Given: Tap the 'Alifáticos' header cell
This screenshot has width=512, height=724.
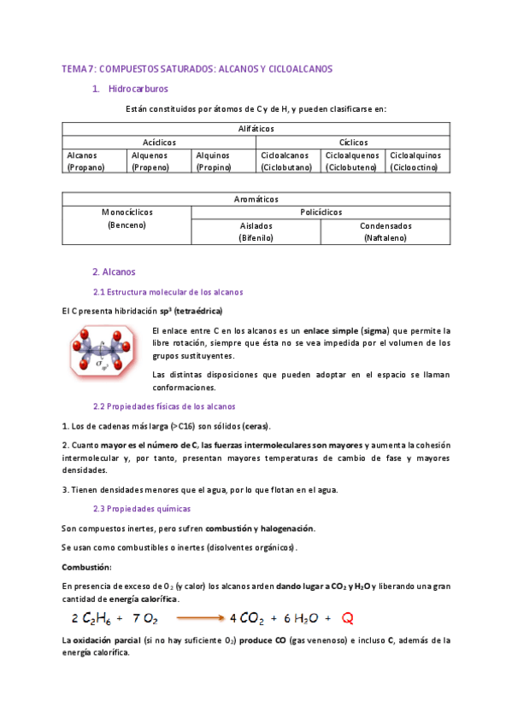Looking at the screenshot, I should (x=256, y=128).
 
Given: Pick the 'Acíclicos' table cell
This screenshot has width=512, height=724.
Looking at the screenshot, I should (x=159, y=142).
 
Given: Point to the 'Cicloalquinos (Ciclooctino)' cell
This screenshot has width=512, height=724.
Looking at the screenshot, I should (x=417, y=161).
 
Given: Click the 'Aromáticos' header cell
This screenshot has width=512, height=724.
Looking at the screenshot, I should (x=256, y=198).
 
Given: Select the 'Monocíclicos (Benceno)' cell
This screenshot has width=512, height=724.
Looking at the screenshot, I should (x=127, y=218).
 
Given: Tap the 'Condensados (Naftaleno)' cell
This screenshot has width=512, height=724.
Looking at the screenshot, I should (x=385, y=232).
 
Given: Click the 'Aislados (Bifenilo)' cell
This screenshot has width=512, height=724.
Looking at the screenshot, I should (x=256, y=232).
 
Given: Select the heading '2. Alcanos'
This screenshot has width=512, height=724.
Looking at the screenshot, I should (x=114, y=272).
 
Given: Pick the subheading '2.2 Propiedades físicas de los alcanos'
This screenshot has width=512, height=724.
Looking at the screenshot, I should (x=163, y=406).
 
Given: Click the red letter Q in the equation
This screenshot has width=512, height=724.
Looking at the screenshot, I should (x=348, y=617).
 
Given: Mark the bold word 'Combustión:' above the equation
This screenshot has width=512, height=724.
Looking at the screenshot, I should (x=86, y=567).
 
